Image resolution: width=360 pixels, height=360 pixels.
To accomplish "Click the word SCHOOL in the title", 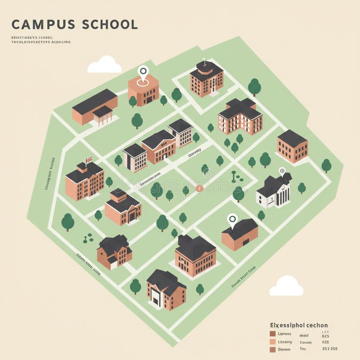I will [x=110, y=24].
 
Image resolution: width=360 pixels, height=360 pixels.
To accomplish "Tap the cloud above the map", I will [x=105, y=65].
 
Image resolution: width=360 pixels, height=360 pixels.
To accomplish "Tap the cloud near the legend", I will [x=286, y=286].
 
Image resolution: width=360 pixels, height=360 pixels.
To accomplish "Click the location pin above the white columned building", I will [x=282, y=172].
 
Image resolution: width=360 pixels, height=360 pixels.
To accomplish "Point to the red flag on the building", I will [x=88, y=159].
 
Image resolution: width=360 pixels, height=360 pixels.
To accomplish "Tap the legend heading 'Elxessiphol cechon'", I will [x=299, y=325].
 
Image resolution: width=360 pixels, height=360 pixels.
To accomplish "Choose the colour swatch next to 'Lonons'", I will [x=272, y=334].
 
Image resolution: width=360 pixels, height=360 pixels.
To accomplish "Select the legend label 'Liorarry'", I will [x=285, y=342].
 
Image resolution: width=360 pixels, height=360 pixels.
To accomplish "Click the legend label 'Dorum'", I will [x=284, y=349].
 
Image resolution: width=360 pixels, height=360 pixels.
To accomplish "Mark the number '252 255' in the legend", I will [x=330, y=349].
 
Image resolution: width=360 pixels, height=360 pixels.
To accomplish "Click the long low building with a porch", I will [x=94, y=107].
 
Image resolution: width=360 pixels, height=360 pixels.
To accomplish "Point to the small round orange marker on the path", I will [x=199, y=188].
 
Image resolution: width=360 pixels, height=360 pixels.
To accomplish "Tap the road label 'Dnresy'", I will [x=194, y=152].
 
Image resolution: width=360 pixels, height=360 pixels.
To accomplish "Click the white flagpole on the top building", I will [x=204, y=60].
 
